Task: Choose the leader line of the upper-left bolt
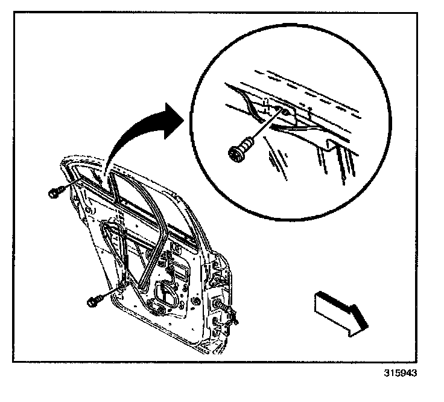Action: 65,190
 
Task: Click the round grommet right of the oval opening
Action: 196,301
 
